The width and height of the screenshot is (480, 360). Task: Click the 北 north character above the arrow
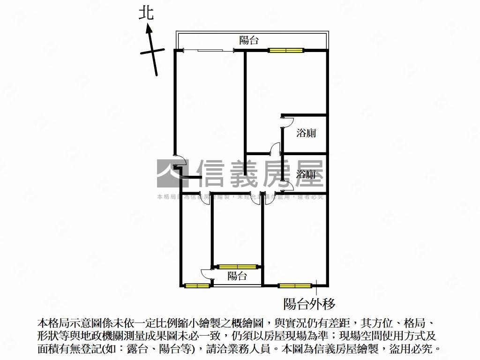pos(146,13)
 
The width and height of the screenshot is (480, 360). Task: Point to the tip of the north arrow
pos(149,27)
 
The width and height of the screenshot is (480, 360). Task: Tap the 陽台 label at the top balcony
pos(249,40)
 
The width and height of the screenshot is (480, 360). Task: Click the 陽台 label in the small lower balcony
pos(237,276)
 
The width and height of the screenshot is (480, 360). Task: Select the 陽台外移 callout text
pos(309,304)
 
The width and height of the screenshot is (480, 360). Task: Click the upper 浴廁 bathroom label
pos(306,133)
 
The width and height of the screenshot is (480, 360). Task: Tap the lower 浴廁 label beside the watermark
pos(306,174)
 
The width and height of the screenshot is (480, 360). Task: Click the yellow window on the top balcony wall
pos(285,50)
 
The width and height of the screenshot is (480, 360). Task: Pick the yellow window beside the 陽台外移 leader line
pos(295,285)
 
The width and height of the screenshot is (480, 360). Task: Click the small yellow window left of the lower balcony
pos(197,285)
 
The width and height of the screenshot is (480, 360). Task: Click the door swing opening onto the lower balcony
pos(207,275)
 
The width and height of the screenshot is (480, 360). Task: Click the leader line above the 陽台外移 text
pos(316,288)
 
